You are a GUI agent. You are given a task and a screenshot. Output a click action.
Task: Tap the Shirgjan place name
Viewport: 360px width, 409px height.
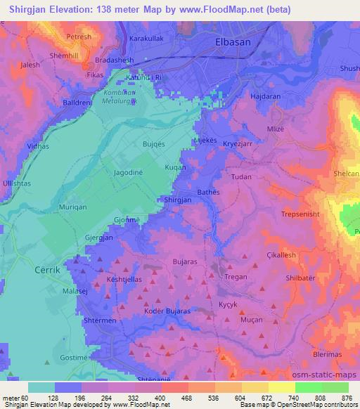pos(176,200)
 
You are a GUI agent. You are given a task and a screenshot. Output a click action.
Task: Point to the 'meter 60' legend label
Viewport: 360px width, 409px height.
pos(14,397)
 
